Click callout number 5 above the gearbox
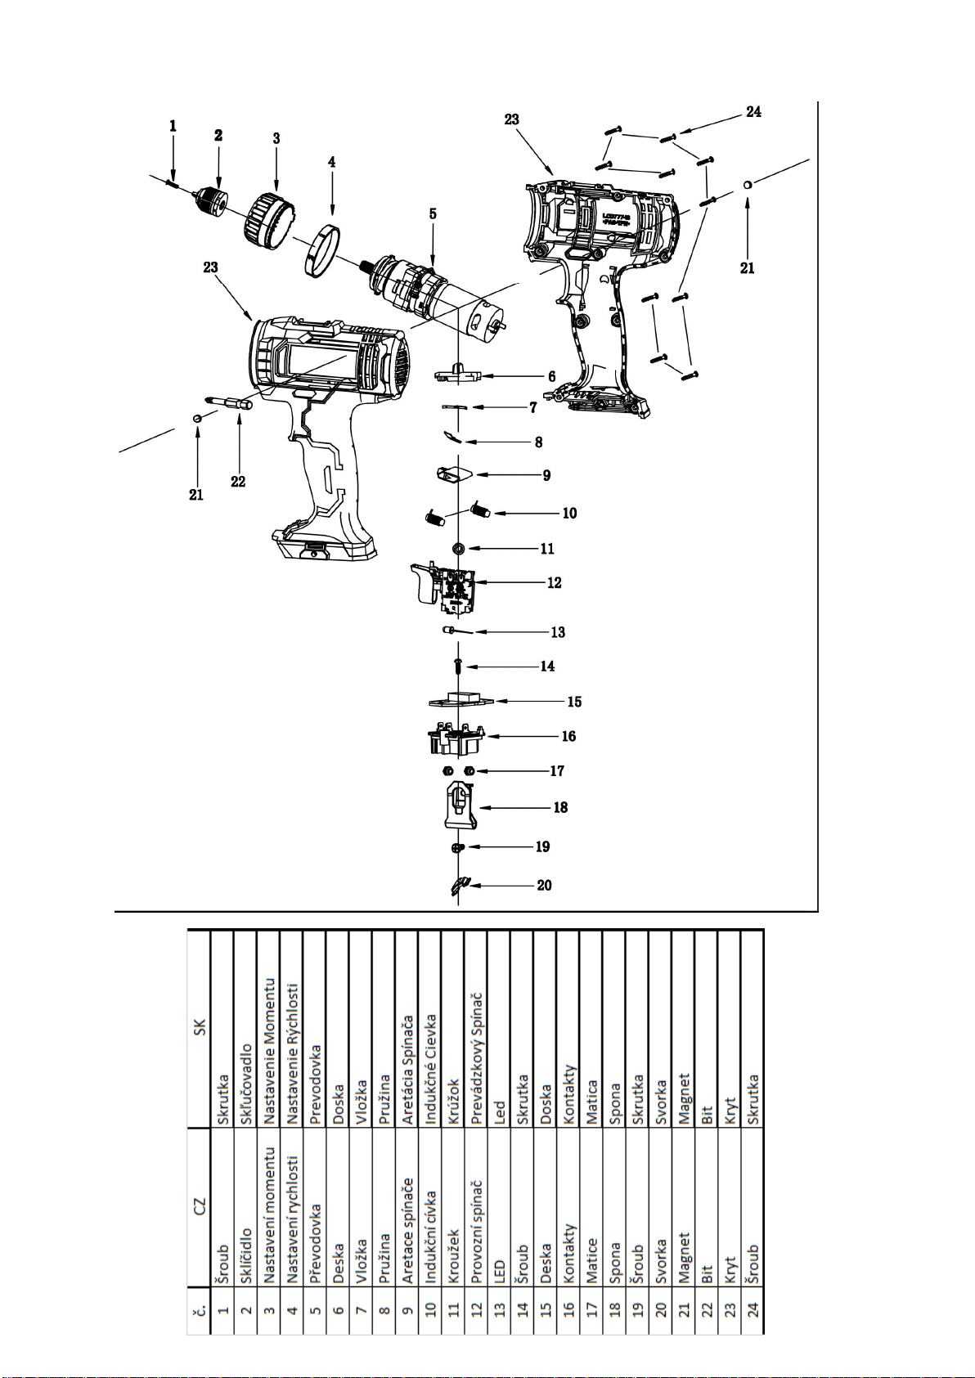(x=433, y=213)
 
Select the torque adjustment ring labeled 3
(x=268, y=218)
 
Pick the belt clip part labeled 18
(x=460, y=805)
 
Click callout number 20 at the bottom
(x=544, y=885)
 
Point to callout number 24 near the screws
(x=753, y=112)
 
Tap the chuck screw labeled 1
(x=172, y=182)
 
